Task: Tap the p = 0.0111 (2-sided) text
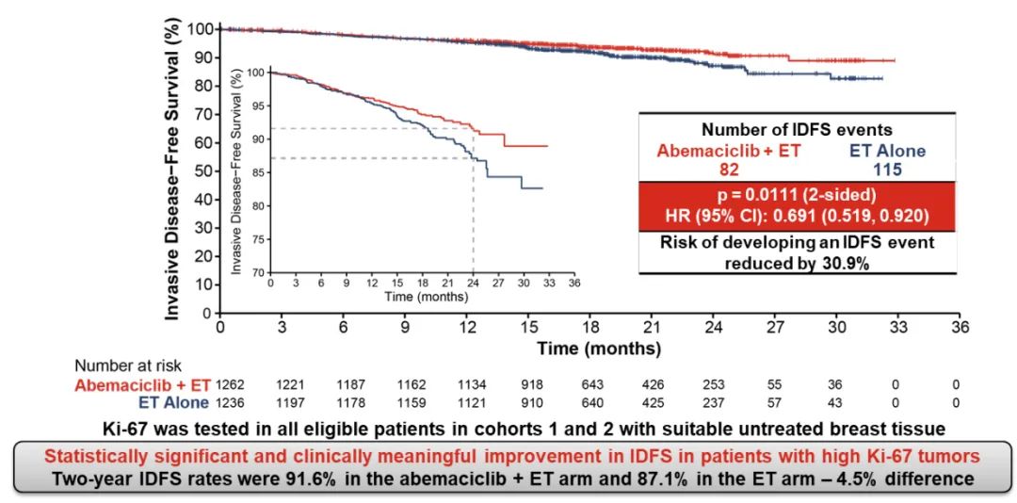797,194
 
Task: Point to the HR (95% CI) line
797,215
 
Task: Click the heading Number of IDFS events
797,130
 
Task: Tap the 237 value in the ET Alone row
715,402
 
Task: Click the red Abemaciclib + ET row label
144,384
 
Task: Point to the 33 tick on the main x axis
898,327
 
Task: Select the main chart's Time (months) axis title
599,349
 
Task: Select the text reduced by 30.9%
797,263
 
